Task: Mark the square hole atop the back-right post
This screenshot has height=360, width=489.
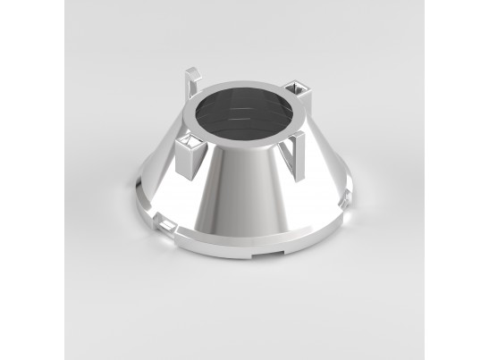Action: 298,87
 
